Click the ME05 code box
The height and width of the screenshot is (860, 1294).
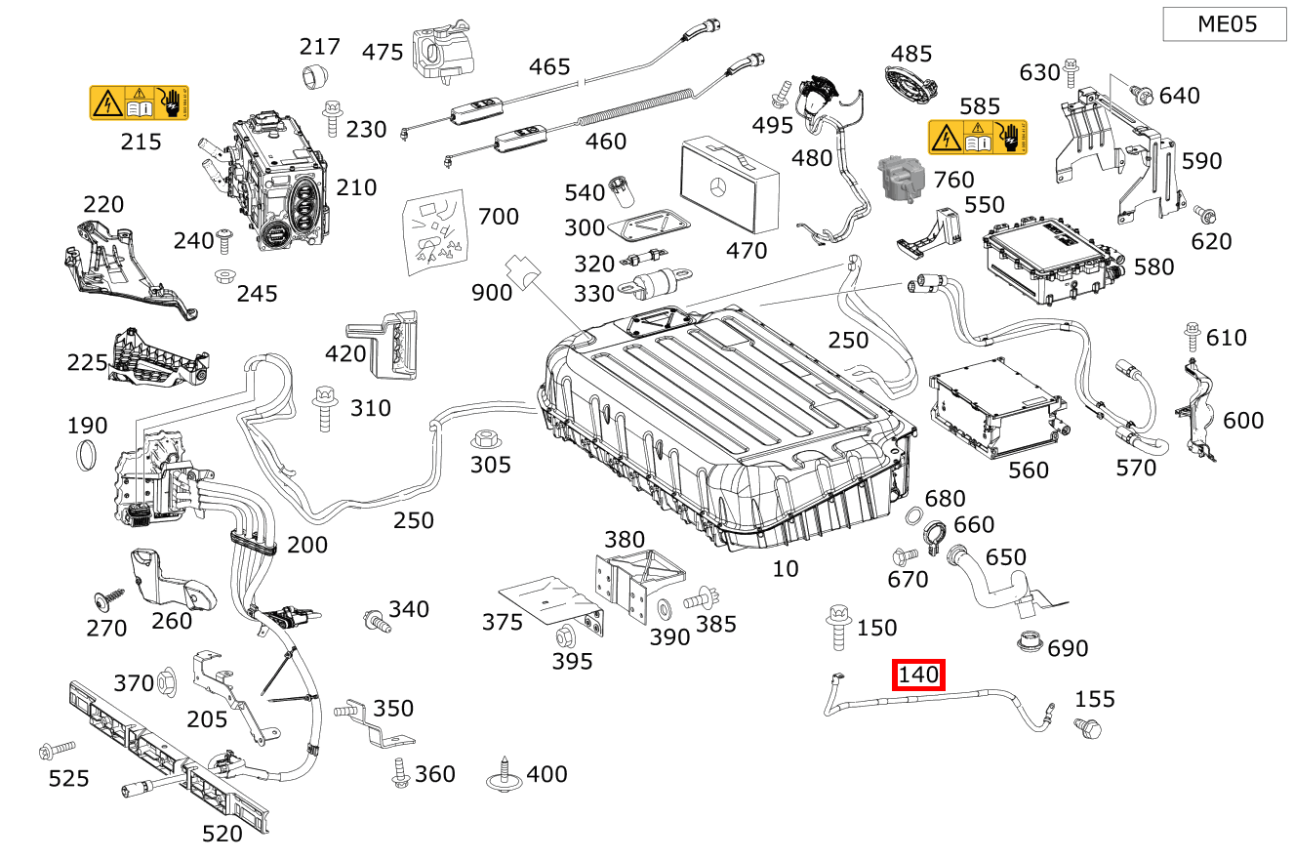(1225, 24)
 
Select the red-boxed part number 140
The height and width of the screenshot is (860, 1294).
(918, 675)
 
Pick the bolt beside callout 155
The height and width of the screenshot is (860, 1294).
(1086, 727)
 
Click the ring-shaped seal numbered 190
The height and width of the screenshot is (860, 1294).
(88, 455)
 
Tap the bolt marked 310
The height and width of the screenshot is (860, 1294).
(324, 407)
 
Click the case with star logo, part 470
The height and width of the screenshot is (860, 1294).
(729, 184)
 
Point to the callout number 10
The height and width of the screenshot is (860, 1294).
(786, 568)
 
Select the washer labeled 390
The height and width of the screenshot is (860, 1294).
(665, 610)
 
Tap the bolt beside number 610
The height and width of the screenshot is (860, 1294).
(1192, 335)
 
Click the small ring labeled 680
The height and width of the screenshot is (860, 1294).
(915, 514)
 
